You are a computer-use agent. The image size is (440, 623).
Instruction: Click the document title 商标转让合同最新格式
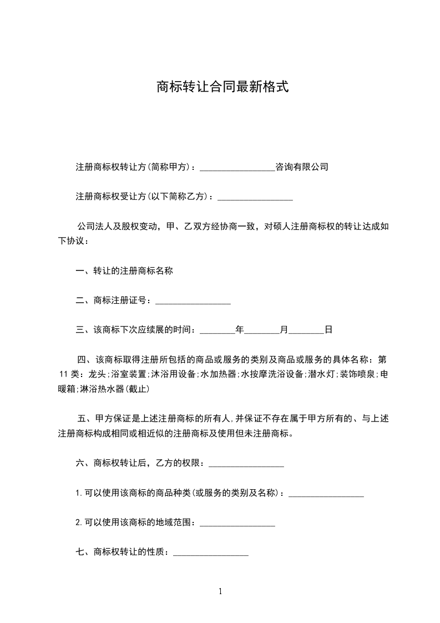click(x=222, y=87)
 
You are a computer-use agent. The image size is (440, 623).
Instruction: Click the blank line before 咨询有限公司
click(x=237, y=167)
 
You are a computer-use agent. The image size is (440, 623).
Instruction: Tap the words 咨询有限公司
click(x=302, y=167)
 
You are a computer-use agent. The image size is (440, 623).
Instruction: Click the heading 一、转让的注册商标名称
click(x=124, y=271)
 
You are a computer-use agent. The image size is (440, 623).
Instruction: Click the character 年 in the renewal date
click(x=240, y=330)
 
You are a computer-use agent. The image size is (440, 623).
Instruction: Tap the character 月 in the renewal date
click(x=284, y=330)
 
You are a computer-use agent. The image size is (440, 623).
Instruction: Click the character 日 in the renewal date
click(x=328, y=330)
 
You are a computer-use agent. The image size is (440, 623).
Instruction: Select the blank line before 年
click(x=217, y=331)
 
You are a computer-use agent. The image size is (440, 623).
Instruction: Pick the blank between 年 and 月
click(x=262, y=331)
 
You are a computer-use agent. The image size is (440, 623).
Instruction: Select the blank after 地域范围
click(x=237, y=523)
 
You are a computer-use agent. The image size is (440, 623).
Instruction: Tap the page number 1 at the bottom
click(x=220, y=591)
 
